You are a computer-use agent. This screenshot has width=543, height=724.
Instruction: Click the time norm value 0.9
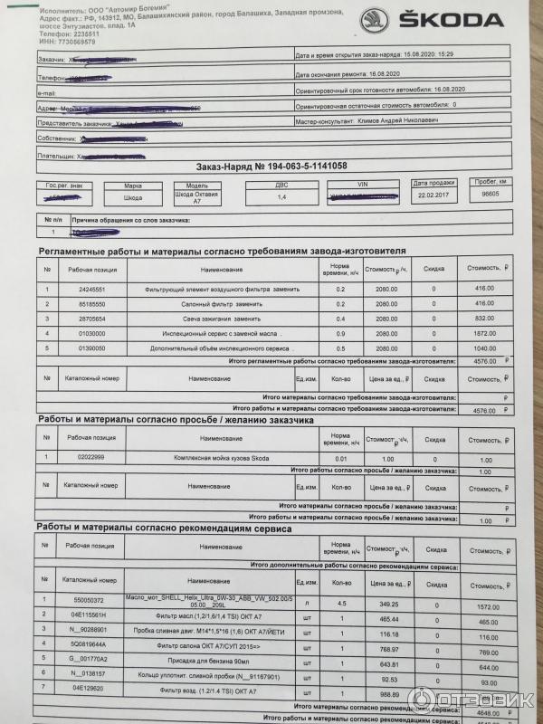click(x=341, y=333)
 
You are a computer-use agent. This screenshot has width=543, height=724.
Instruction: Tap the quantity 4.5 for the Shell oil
click(x=341, y=603)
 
